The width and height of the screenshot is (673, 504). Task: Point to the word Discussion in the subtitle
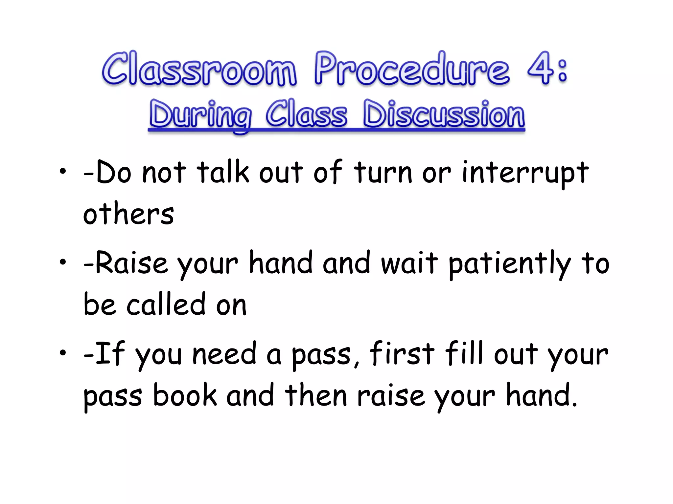click(x=444, y=115)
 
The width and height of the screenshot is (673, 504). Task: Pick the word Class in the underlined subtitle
click(x=306, y=115)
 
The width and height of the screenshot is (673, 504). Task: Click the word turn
click(x=383, y=173)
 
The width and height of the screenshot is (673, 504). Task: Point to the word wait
click(x=409, y=264)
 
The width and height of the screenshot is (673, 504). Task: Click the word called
click(x=166, y=304)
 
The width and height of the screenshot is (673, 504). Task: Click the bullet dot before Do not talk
click(x=63, y=171)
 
